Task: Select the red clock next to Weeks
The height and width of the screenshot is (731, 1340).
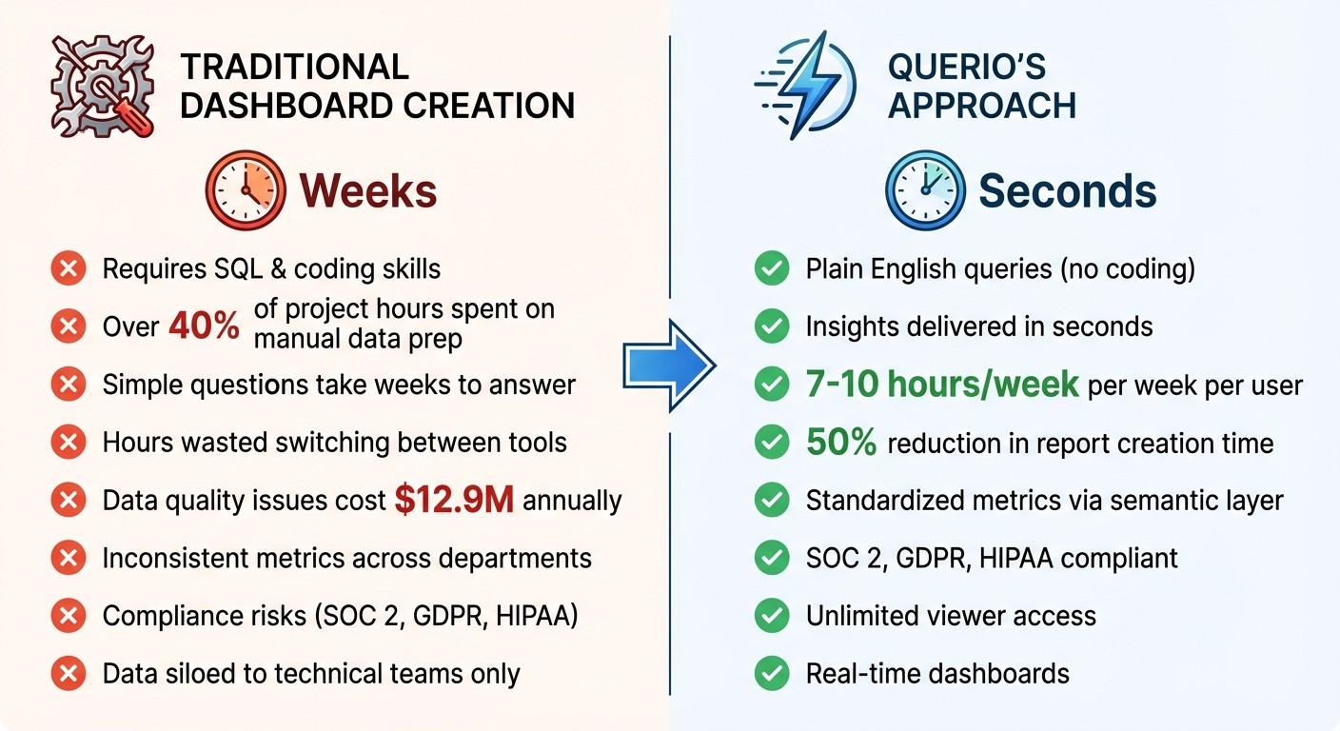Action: pos(245,191)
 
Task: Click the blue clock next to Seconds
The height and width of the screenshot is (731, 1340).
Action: pos(923,191)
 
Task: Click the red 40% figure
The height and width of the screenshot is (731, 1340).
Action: pos(204,326)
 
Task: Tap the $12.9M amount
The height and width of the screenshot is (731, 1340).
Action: pos(454,501)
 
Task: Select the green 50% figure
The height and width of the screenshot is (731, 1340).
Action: pos(840,443)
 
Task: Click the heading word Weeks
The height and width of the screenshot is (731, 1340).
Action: pos(368,191)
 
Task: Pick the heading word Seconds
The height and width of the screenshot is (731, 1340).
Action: pos(1067,191)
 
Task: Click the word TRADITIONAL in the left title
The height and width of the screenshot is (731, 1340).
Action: pos(294,68)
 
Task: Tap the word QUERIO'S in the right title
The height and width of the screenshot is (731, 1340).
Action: pos(966,68)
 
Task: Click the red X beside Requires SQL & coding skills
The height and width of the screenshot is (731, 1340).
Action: pos(68,269)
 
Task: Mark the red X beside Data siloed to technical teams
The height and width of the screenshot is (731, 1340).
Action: pos(68,674)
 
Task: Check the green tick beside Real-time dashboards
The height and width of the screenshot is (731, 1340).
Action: pos(771,674)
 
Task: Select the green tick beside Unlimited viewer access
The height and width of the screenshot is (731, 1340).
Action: pos(771,616)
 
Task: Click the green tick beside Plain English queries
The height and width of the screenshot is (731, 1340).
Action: pos(771,269)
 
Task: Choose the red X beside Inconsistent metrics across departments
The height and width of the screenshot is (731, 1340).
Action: pos(68,558)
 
